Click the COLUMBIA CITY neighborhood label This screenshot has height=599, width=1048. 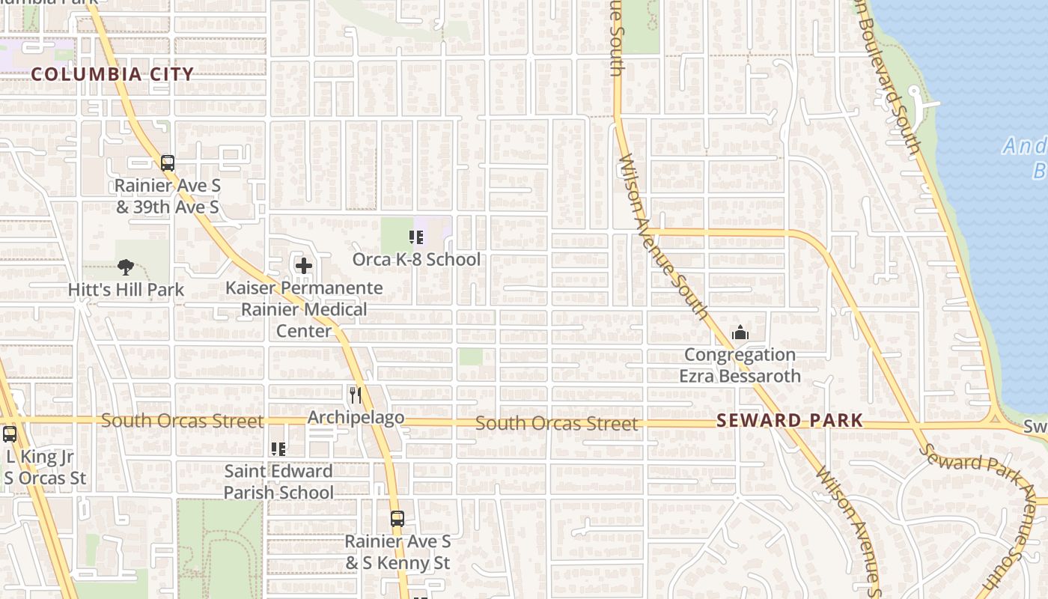point(112,74)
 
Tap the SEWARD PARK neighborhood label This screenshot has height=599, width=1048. point(790,420)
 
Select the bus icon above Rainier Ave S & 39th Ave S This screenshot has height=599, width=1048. point(168,162)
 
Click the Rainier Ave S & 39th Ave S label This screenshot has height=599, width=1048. point(168,196)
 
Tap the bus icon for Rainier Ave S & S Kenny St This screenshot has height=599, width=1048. point(397,518)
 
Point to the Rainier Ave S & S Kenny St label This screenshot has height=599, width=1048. point(397,552)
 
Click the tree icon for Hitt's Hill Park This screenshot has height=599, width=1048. point(126,267)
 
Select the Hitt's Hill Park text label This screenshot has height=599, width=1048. point(126,289)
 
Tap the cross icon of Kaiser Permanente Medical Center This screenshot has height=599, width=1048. point(304,266)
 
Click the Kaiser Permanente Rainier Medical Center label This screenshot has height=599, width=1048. point(304,309)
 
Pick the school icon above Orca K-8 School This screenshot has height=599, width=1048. point(416,238)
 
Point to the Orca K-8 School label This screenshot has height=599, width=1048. point(416,260)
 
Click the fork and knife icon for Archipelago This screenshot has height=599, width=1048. point(356,395)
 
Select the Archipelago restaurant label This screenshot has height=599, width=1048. point(356,417)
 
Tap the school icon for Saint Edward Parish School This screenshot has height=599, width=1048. point(278,449)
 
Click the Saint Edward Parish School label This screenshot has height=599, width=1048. point(278,481)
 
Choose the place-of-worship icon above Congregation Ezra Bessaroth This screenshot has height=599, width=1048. point(740,332)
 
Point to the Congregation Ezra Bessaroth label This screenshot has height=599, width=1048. point(740,365)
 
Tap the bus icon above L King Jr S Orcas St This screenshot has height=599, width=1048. point(10,434)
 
